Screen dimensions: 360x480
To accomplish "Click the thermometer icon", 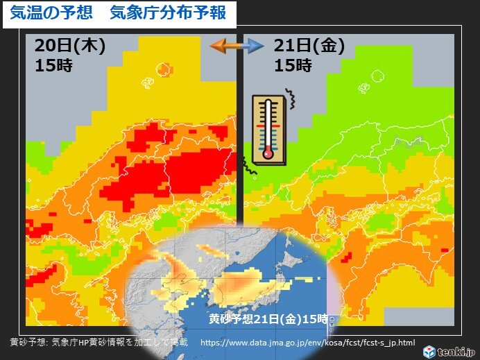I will pyautogui.click(x=268, y=128).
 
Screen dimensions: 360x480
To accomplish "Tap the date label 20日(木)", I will pyautogui.click(x=69, y=46).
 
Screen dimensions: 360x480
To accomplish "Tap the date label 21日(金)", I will pyautogui.click(x=309, y=46).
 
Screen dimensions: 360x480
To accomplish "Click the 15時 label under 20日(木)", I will pyautogui.click(x=53, y=67).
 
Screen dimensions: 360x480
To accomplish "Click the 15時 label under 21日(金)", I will pyautogui.click(x=293, y=66).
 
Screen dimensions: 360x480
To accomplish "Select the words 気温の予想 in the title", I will pyautogui.click(x=46, y=13).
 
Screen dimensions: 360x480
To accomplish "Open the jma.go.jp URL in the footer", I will pyautogui.click(x=307, y=343).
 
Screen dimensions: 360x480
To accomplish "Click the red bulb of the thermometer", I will pyautogui.click(x=267, y=151).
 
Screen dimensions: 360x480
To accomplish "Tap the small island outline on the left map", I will pyautogui.click(x=164, y=69).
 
